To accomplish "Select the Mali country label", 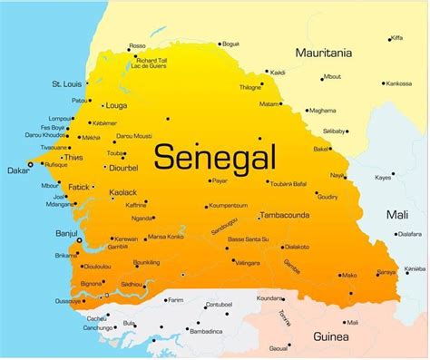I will point(397,214).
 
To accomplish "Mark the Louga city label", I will point(116,105).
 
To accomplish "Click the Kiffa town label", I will point(396,38).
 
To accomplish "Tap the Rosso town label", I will point(137,45).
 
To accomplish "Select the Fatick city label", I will point(78,188).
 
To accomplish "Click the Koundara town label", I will point(269,297).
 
